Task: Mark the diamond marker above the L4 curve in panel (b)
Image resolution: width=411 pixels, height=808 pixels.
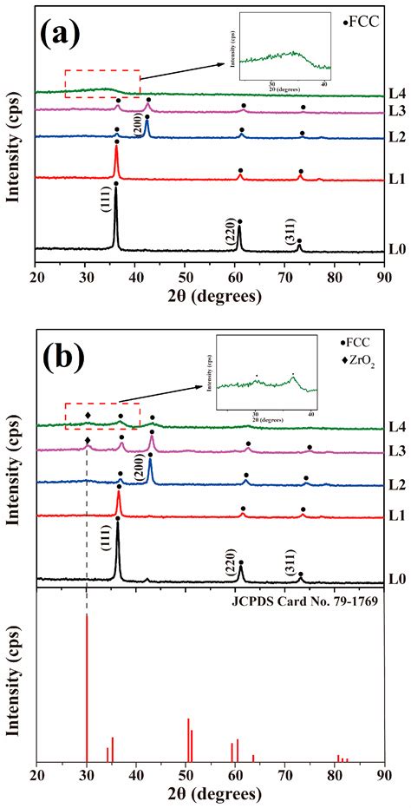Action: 88,415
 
